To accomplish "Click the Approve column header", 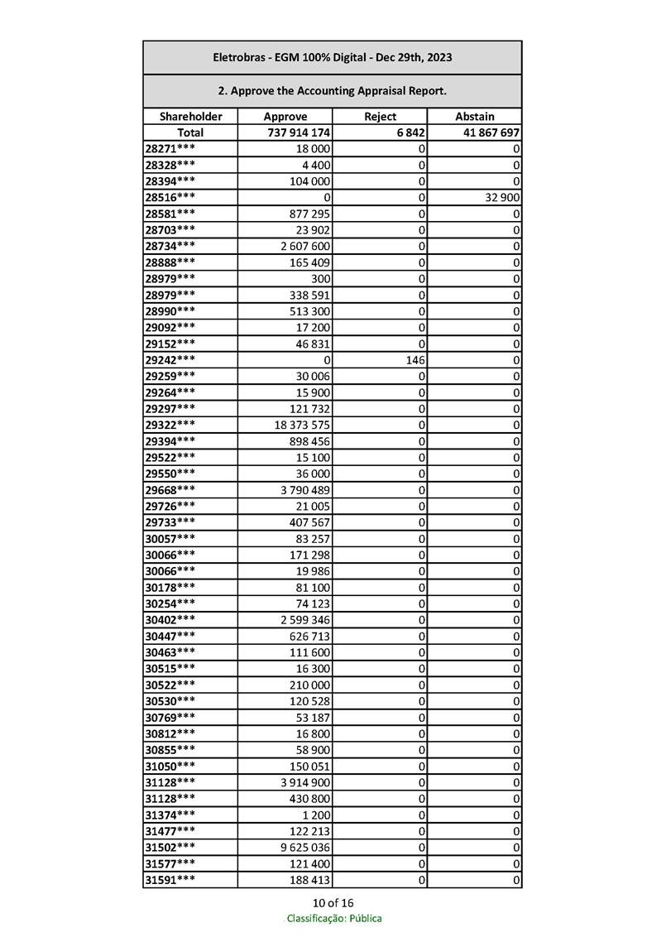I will point(285,117).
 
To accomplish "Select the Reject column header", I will point(380,117).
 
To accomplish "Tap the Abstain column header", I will point(475,117).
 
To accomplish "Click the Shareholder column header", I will point(190,117).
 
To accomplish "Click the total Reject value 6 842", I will point(410,132).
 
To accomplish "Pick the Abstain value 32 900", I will point(500,197).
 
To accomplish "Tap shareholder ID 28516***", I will point(170,197).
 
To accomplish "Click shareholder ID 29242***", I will point(170,360).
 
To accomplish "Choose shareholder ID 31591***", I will point(170,880).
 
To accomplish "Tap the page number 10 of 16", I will point(333,902).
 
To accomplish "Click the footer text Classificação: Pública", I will point(333,918).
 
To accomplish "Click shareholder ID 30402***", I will point(170,620).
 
